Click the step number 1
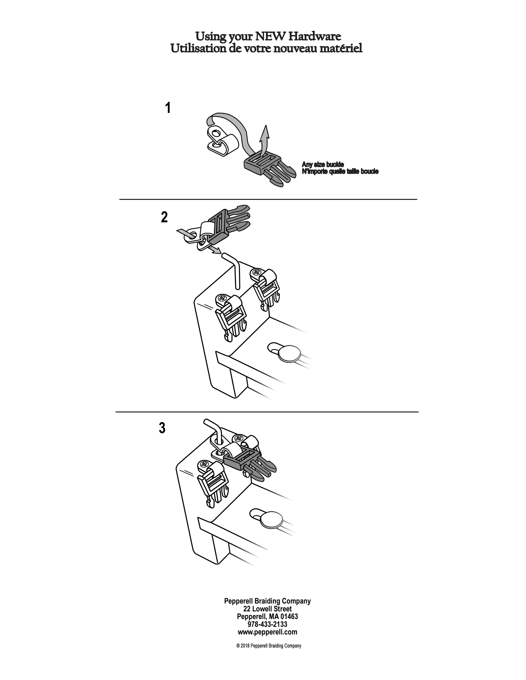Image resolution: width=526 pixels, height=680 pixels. [x=168, y=108]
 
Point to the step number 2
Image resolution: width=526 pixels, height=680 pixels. [x=164, y=217]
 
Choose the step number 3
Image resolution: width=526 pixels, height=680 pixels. [x=162, y=428]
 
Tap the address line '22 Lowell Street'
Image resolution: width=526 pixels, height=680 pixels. [x=267, y=609]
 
